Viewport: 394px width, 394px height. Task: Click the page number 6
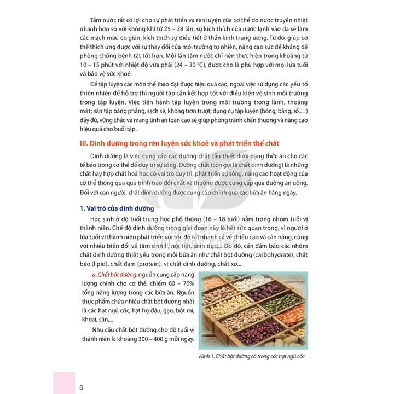tap(81, 388)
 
